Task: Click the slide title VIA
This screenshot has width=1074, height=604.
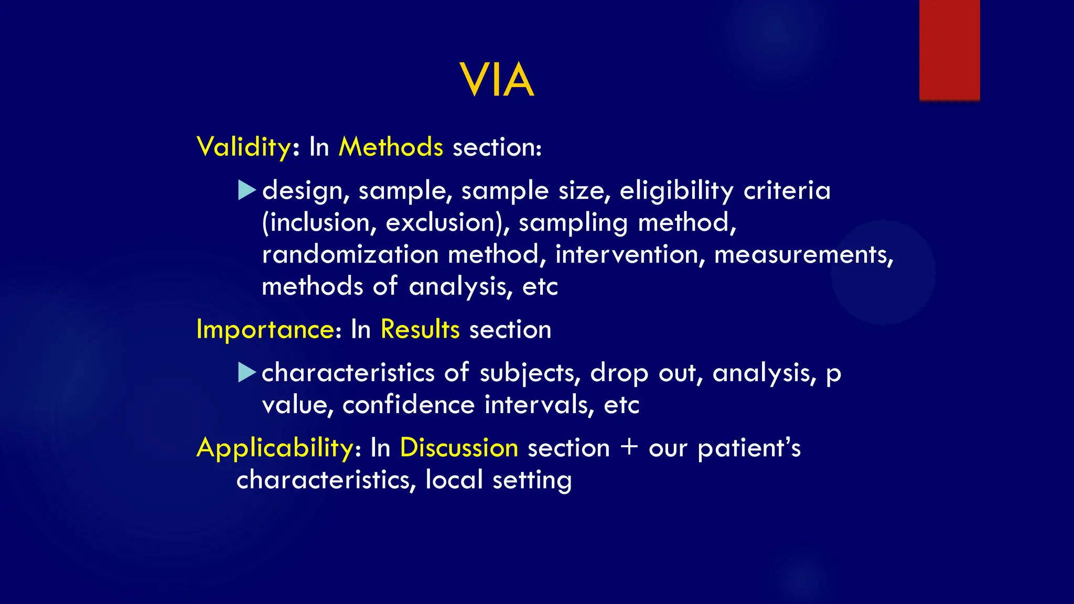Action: [497, 80]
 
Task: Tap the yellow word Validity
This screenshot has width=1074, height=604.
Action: [243, 147]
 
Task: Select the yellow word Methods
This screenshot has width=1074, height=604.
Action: [391, 147]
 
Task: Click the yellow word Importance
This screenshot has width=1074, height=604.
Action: [265, 330]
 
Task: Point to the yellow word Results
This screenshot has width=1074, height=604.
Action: [420, 330]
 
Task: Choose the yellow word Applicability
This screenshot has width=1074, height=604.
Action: [275, 448]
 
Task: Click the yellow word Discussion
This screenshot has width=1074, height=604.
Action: [459, 448]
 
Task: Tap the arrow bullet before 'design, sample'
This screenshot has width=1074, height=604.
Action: [246, 190]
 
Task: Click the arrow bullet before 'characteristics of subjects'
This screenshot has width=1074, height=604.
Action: [246, 372]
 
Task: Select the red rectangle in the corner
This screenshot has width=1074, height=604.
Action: [949, 50]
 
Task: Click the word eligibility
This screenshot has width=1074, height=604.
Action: [676, 191]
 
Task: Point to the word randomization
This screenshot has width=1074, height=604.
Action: [350, 255]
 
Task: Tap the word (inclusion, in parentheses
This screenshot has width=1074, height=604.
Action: [319, 223]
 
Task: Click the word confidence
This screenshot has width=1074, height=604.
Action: [409, 405]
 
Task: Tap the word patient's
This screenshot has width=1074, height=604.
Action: [749, 448]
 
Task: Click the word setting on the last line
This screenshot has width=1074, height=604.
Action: [532, 480]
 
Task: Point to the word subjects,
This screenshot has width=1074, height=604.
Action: [530, 373]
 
